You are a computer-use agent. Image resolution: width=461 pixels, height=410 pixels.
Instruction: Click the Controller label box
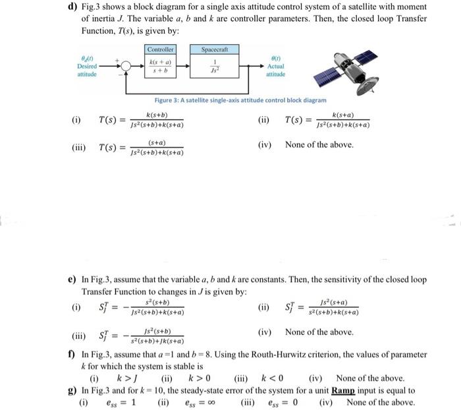click(161, 49)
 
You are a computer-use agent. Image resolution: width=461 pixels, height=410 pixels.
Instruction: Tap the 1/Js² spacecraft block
click(213, 66)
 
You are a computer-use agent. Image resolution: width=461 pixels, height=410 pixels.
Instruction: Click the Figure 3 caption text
click(240, 100)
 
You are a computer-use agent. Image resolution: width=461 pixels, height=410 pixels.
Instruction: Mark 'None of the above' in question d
click(319, 144)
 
